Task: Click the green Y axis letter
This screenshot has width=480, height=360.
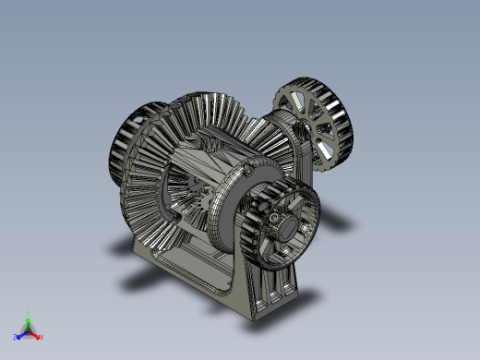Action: point(29,313)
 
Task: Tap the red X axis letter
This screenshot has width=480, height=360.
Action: point(42,337)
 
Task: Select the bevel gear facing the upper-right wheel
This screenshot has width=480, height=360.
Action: point(268,134)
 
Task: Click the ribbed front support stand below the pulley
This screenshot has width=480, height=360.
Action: point(268,286)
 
